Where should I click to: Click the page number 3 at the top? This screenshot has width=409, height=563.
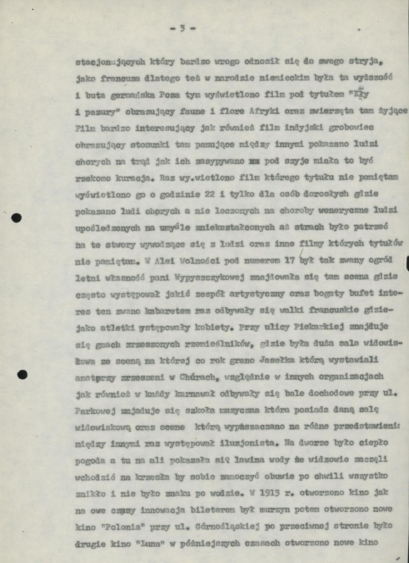[183, 29]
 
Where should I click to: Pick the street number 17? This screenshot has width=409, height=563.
[289, 261]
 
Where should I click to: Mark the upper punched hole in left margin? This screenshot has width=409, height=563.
[16, 218]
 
